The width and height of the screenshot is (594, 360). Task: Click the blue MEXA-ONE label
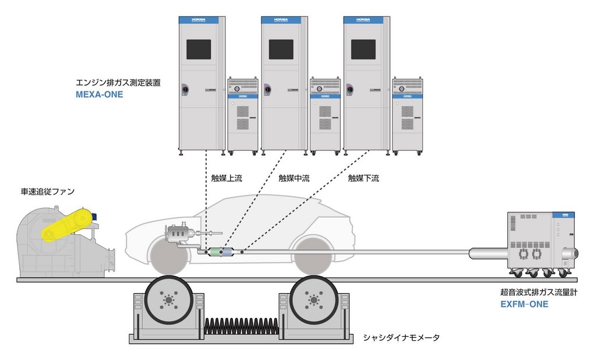[100, 94]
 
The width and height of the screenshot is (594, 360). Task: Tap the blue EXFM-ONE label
[524, 303]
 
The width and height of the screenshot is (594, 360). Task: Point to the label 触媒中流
[294, 178]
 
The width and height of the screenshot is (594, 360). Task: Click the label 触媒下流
[363, 178]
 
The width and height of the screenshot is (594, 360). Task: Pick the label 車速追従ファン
[48, 191]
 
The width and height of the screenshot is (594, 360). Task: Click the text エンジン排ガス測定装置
[118, 83]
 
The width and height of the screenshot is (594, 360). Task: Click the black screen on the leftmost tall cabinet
[199, 50]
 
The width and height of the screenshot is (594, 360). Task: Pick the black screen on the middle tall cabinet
[281, 50]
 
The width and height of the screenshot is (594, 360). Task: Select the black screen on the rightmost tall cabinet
[363, 50]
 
